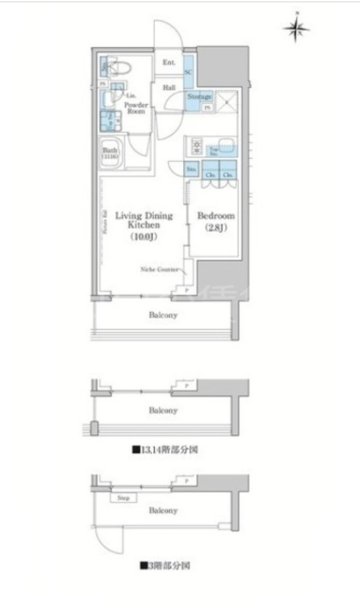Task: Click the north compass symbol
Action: tap(297, 29)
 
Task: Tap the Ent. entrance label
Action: tap(169, 63)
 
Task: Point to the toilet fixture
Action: tap(119, 68)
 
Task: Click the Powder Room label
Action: tap(136, 106)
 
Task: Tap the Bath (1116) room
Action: tap(111, 154)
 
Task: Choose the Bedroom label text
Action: tap(216, 216)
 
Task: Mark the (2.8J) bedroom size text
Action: tap(216, 228)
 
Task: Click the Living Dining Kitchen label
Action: tap(144, 221)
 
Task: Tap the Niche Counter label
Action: tap(159, 269)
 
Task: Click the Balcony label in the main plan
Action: tap(163, 314)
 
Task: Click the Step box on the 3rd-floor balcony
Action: tap(122, 499)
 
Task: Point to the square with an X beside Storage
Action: tap(226, 100)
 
